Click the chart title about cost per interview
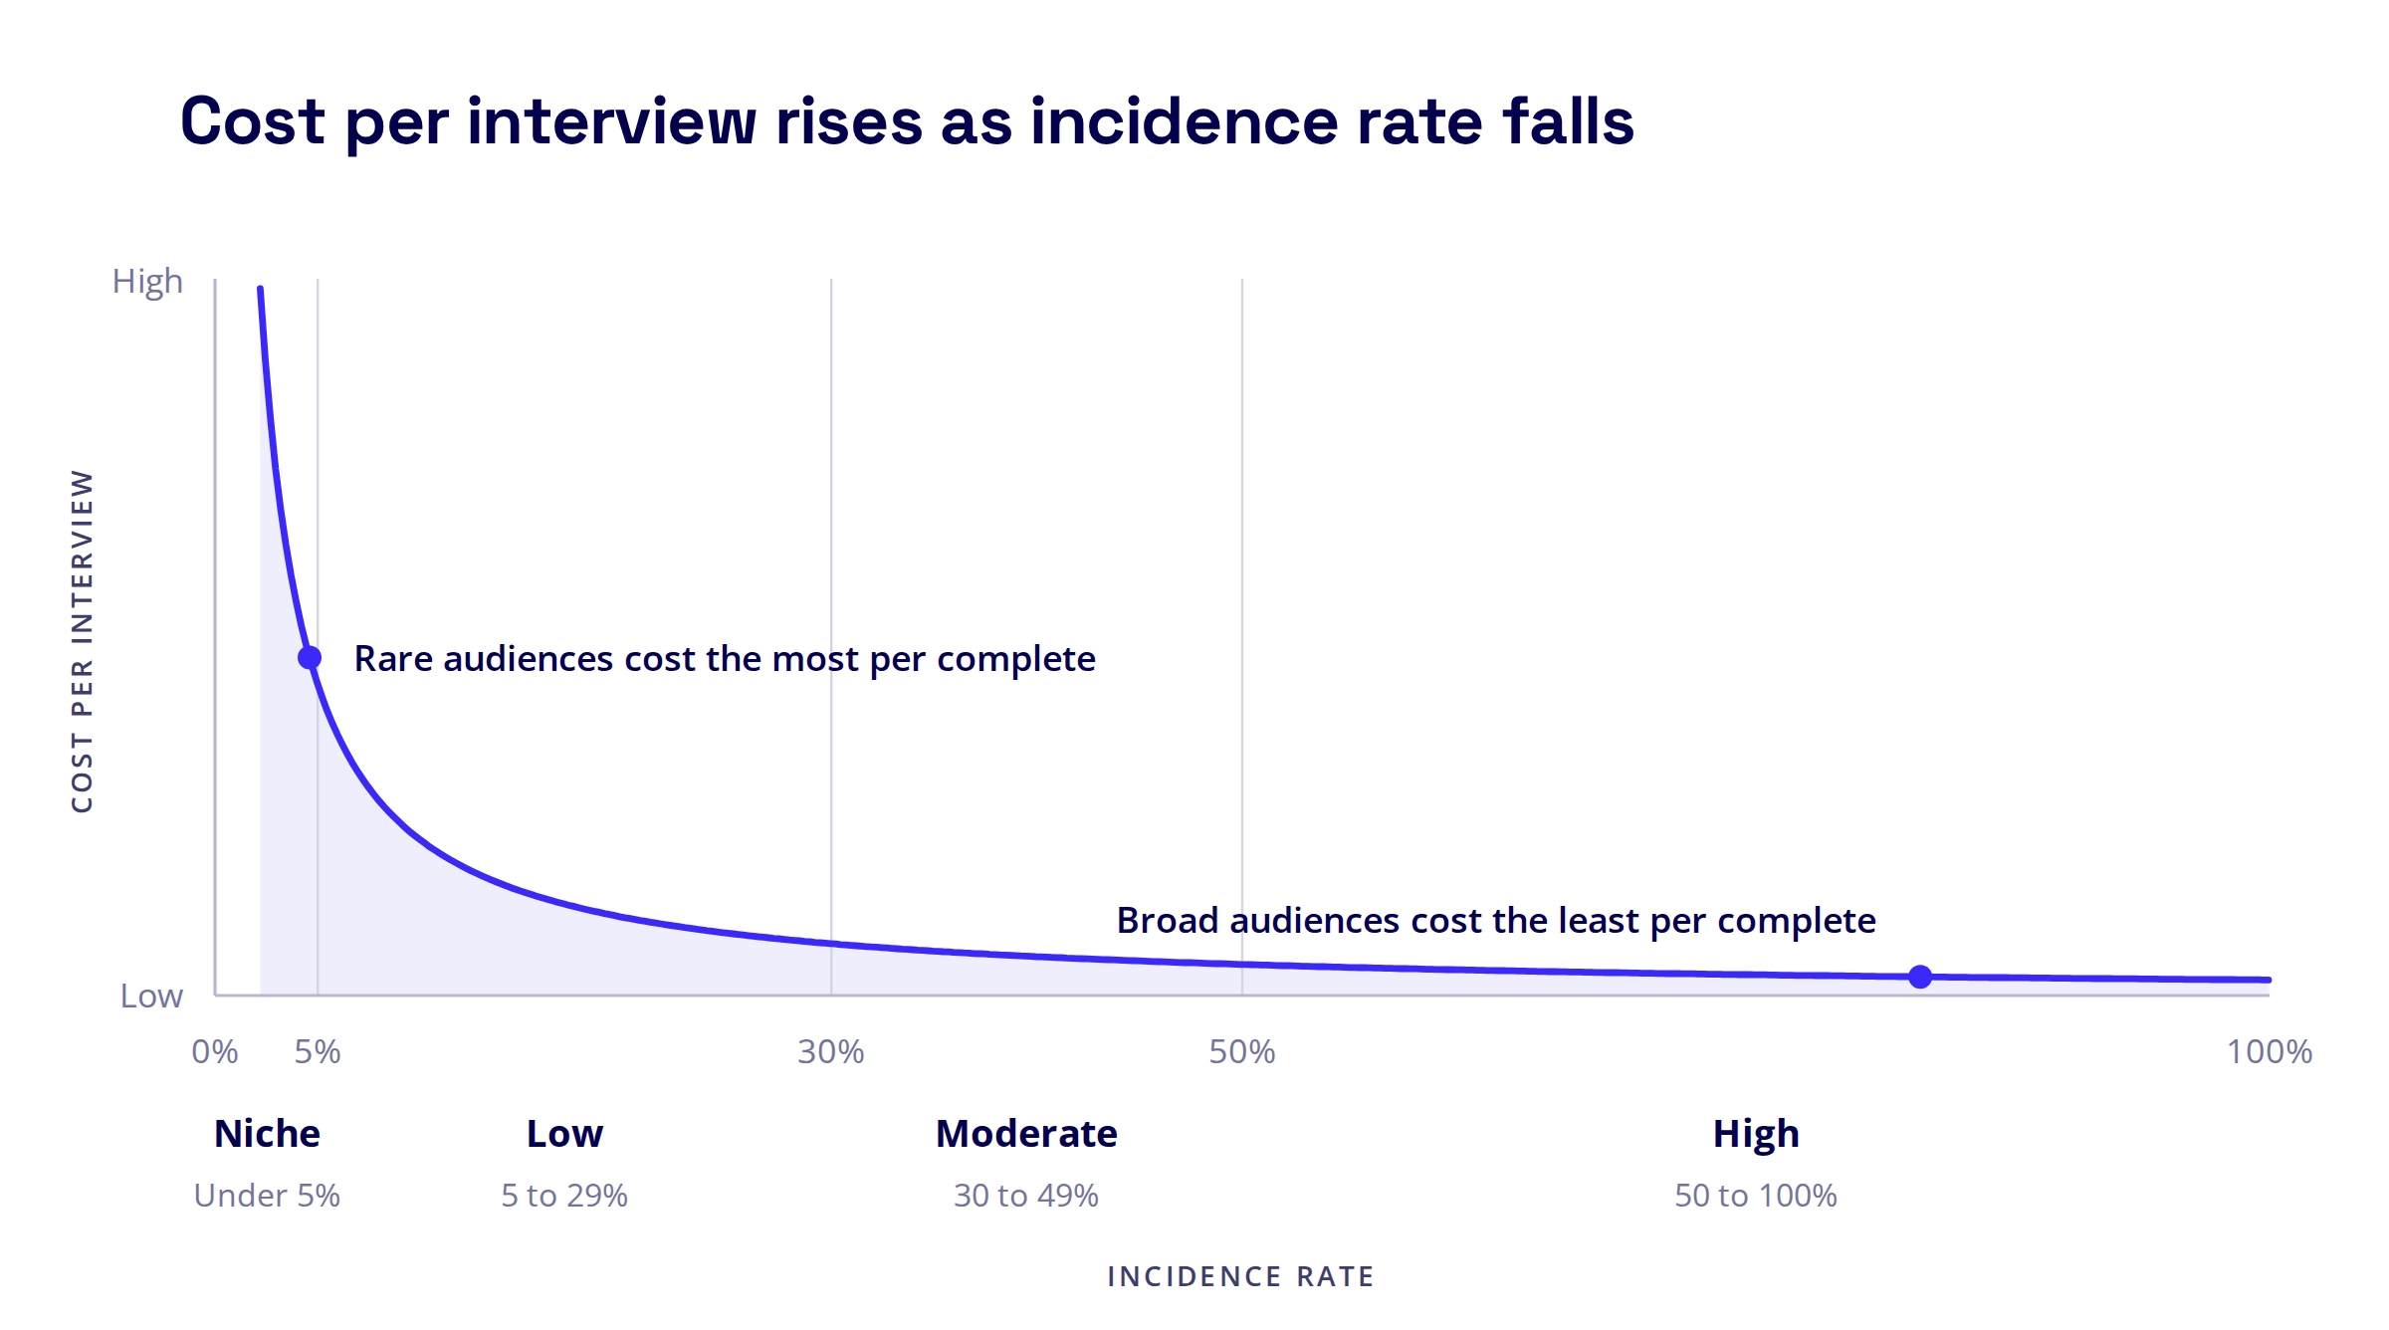tap(907, 122)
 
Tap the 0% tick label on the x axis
tap(215, 1052)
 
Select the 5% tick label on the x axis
tap(318, 1052)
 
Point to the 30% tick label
tap(831, 1052)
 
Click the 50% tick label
tap(1242, 1052)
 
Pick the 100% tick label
tap(2270, 1052)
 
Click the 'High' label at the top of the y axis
tap(147, 283)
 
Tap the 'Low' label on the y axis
tap(151, 996)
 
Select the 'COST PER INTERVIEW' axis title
tap(82, 641)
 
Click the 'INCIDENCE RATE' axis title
tap(1241, 1276)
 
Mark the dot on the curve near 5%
tap(310, 658)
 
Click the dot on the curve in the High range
tap(1920, 977)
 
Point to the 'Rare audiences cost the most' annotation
tap(725, 660)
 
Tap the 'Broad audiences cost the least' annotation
tap(1496, 922)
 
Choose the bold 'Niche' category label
tap(267, 1134)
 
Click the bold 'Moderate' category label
tap(1026, 1134)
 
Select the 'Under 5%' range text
tap(267, 1196)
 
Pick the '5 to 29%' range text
tap(564, 1196)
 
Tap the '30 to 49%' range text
tap(1026, 1196)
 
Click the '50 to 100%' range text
tap(1756, 1196)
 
